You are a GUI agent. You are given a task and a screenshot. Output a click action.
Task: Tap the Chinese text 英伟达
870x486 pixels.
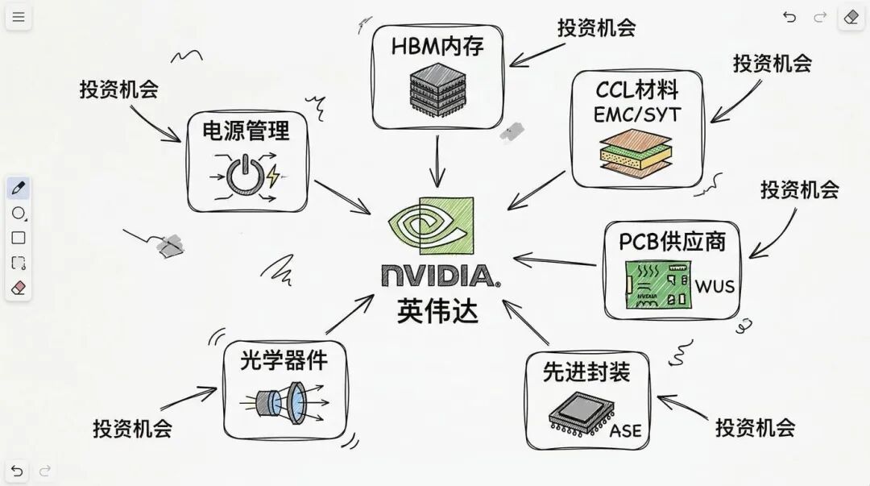click(x=437, y=310)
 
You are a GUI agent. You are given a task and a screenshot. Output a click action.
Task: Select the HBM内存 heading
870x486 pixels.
click(x=437, y=46)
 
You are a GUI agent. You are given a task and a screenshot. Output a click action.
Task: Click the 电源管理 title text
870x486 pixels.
click(x=245, y=130)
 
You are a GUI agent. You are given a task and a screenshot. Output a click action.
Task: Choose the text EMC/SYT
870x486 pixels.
click(x=636, y=114)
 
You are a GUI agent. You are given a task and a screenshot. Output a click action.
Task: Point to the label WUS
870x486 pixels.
click(x=715, y=286)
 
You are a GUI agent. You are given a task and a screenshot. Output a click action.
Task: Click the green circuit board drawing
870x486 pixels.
click(x=657, y=285)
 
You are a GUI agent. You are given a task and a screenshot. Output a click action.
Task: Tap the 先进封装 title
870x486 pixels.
click(x=586, y=372)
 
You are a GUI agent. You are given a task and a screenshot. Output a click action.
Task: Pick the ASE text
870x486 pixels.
click(x=626, y=430)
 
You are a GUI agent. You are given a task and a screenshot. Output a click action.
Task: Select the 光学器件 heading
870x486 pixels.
click(x=284, y=359)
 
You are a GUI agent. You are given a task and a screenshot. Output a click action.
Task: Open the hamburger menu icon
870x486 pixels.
click(x=18, y=17)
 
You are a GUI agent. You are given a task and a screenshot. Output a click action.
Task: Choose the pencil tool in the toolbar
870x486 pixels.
click(x=19, y=189)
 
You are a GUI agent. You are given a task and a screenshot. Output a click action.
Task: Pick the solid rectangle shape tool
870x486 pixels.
click(x=19, y=238)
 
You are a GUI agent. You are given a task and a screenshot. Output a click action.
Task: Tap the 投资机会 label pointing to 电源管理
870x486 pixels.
click(x=118, y=89)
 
